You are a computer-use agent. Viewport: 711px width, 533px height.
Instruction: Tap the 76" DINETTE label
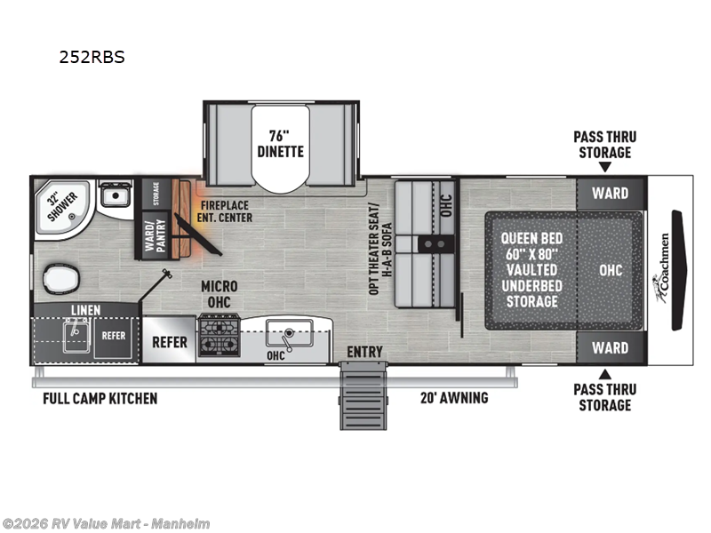click(280, 143)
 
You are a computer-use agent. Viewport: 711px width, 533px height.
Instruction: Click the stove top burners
click(218, 338)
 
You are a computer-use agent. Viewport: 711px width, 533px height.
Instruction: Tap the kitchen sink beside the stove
click(286, 337)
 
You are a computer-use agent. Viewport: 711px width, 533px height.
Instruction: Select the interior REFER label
click(169, 340)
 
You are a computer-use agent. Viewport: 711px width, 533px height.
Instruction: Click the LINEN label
click(86, 309)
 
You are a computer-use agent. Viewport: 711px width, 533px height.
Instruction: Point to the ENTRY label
click(364, 353)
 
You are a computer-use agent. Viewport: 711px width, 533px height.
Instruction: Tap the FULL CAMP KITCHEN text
click(100, 398)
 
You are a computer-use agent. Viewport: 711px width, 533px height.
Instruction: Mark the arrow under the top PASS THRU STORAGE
click(604, 167)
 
